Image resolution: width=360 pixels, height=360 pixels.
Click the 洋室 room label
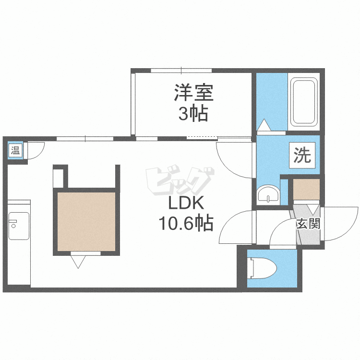(193, 93)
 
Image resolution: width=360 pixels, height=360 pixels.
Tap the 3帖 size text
(193, 114)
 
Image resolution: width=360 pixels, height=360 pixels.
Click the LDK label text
(186, 203)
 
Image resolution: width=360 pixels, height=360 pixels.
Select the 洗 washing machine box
(302, 156)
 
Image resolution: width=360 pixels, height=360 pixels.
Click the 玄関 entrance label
(307, 224)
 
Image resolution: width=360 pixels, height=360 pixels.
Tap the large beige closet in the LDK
(86, 221)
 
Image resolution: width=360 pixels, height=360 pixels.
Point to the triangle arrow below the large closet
(78, 261)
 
